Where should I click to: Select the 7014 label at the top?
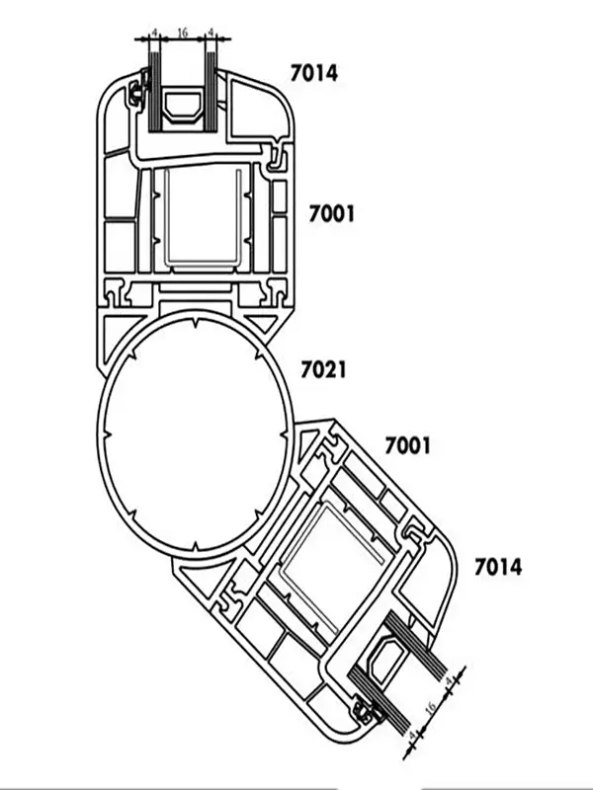(314, 72)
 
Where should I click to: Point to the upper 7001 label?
(332, 212)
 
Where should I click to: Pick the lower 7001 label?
(408, 446)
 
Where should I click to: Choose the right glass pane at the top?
(211, 94)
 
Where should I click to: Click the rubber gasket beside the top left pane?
(135, 95)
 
